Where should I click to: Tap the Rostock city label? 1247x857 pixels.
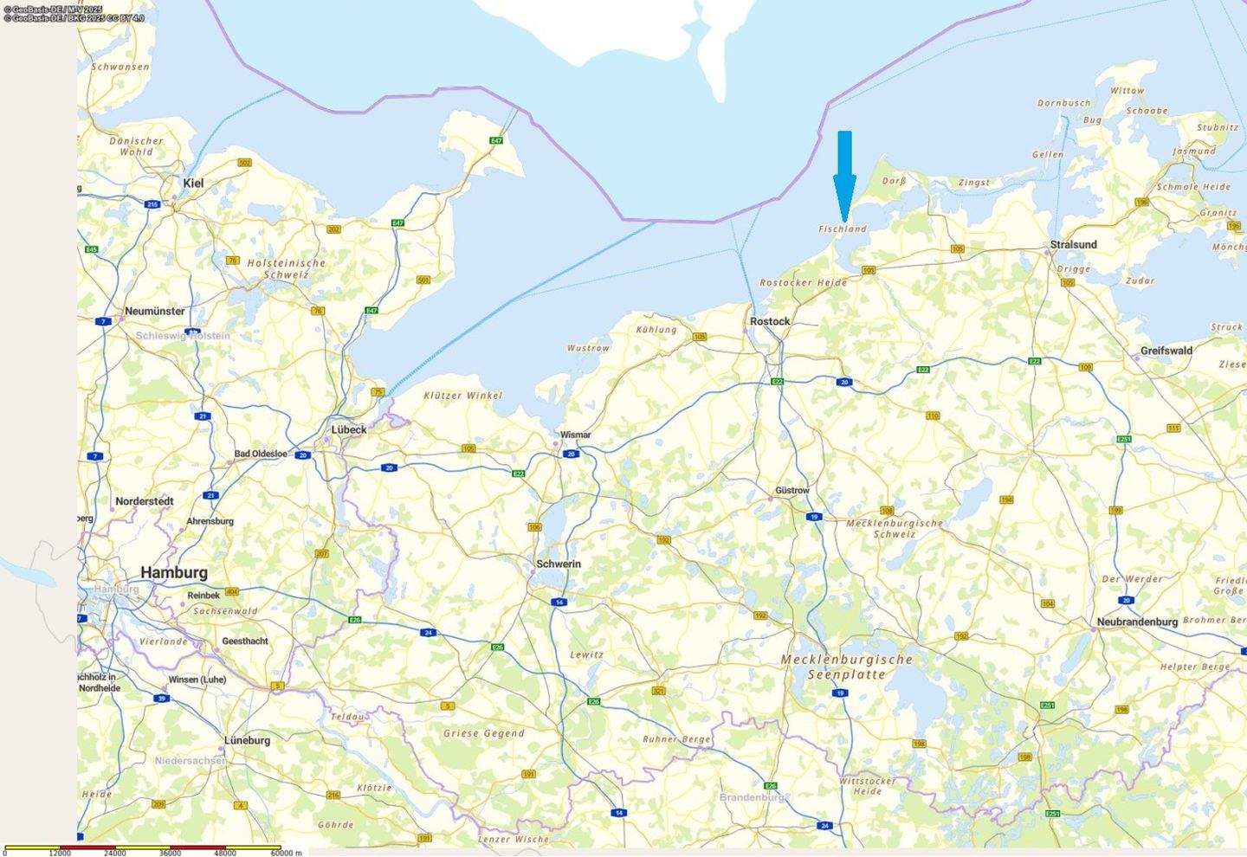(770, 321)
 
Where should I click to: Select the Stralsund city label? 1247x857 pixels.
(1073, 245)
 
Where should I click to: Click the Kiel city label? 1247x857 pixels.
(194, 184)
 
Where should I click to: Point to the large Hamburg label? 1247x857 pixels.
(174, 572)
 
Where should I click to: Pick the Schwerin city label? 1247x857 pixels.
(559, 564)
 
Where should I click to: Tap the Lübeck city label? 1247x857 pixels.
(349, 429)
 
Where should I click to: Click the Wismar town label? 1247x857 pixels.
(575, 435)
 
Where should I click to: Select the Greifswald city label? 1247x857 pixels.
(1166, 351)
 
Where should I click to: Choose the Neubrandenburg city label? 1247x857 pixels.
(1137, 622)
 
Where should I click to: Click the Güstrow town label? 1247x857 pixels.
(792, 490)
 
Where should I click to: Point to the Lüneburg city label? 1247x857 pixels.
(247, 740)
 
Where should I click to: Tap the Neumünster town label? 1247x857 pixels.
(155, 311)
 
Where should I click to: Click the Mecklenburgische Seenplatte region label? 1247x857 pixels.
(846, 667)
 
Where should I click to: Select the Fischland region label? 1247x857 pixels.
(843, 229)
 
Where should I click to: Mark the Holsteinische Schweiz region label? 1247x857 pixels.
(287, 268)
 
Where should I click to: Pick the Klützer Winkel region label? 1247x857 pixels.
(462, 396)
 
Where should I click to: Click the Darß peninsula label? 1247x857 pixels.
(894, 181)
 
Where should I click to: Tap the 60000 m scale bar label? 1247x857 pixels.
(287, 853)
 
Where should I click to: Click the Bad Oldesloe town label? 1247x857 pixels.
(261, 454)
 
